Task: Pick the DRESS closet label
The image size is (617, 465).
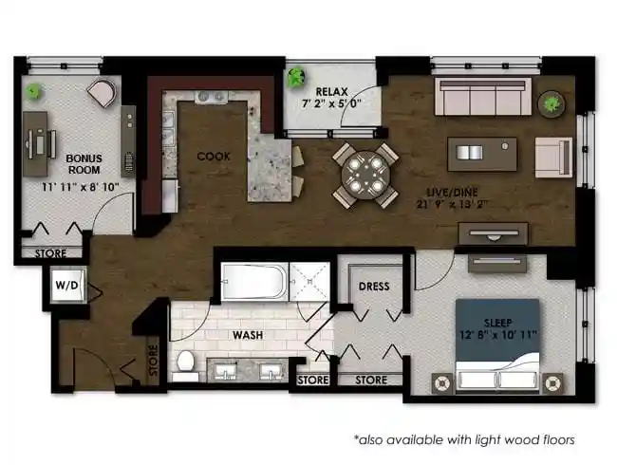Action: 373,287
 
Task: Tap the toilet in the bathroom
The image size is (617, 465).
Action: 186,363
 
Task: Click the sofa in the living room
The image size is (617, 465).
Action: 481,97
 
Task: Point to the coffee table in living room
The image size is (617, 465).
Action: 481,153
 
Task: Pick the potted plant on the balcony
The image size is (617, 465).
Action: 297,74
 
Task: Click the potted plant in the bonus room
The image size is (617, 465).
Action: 34,92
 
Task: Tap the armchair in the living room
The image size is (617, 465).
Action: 553,155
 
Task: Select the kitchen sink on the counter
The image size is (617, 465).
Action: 211,98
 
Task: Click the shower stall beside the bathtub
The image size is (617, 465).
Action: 308,281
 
